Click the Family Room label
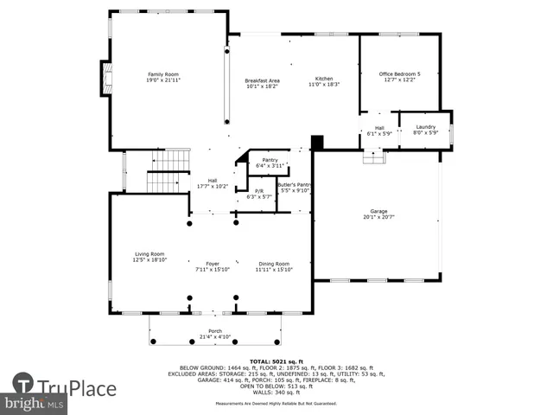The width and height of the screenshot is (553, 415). point(162,75)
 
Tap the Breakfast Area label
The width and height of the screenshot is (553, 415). point(262,80)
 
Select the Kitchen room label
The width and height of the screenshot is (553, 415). point(323,80)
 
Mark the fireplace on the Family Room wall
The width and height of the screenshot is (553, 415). point(105,77)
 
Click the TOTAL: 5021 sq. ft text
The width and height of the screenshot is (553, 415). point(276,360)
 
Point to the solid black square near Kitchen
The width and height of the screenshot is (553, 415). point(317,141)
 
